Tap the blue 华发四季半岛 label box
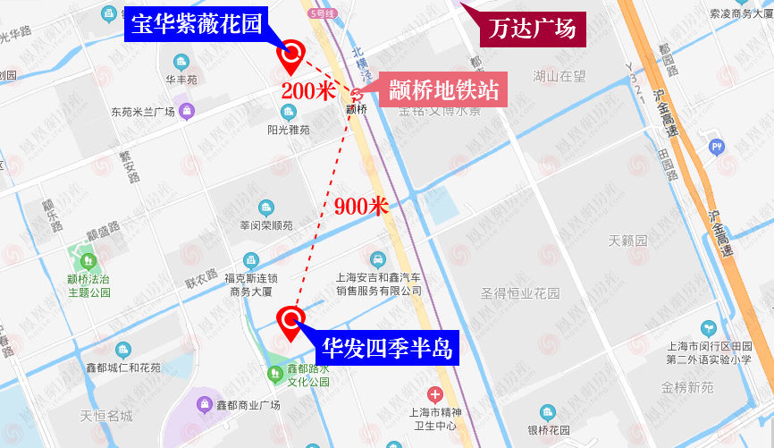click(384, 347)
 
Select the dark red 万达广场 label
click(533, 29)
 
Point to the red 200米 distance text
click(307, 90)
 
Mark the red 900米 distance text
click(361, 207)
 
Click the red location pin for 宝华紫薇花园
click(290, 56)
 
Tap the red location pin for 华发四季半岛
click(290, 321)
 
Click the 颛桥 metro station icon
click(357, 94)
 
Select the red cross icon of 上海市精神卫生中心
click(435, 393)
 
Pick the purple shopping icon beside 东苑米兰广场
click(187, 111)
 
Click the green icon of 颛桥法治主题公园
click(88, 262)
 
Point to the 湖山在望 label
click(559, 76)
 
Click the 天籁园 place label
click(626, 241)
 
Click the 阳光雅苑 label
click(288, 129)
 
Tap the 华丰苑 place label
click(181, 80)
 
